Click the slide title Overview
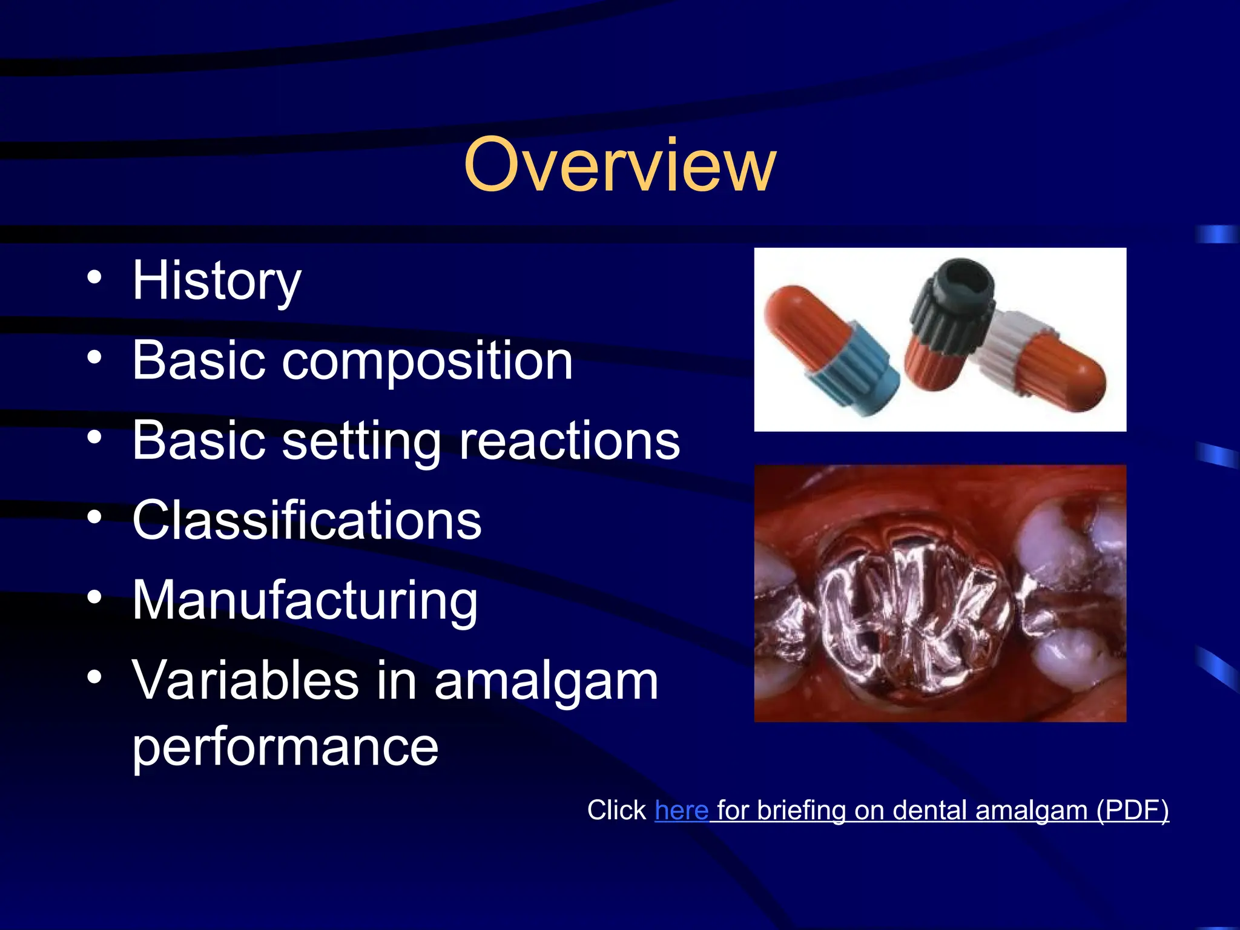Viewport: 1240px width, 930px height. click(x=619, y=165)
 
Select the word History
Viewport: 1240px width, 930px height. click(x=217, y=281)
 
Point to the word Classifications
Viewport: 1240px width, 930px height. click(x=307, y=521)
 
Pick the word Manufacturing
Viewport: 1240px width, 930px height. click(x=305, y=601)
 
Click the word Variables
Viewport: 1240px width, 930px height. click(x=245, y=681)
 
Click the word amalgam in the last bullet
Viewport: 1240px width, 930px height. click(x=546, y=682)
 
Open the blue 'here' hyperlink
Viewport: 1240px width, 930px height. click(x=681, y=810)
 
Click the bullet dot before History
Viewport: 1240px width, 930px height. click(x=94, y=277)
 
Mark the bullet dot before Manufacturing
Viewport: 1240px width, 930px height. click(x=94, y=597)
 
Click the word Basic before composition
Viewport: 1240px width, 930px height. click(x=199, y=361)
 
